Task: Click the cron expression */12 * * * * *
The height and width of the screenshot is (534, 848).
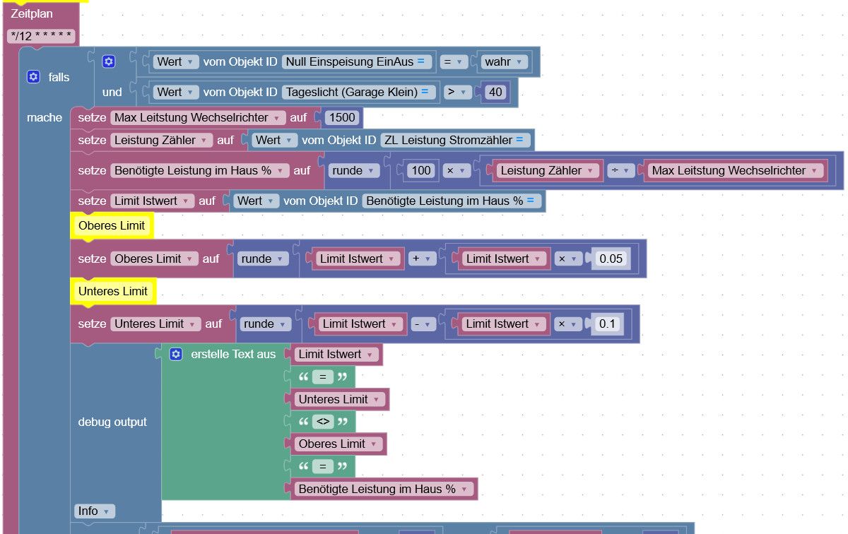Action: tap(41, 36)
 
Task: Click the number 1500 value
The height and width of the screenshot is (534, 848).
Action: tap(342, 117)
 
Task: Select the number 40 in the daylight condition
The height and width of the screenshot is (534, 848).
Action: tap(495, 92)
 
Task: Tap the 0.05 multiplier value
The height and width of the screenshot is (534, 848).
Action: tap(611, 259)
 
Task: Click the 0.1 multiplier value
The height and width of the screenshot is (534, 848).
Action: tap(607, 324)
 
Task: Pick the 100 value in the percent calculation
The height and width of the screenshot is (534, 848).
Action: tap(421, 171)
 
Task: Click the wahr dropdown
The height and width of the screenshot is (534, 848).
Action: tap(503, 61)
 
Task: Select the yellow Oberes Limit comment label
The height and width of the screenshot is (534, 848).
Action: tap(112, 225)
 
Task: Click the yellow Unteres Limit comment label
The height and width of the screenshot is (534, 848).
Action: tap(113, 292)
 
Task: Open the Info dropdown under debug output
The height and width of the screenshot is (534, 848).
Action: tap(94, 511)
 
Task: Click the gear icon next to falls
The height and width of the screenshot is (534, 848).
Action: tap(33, 77)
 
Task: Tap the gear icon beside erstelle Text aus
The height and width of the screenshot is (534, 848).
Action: tap(176, 354)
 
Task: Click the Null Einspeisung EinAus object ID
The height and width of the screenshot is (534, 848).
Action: tap(355, 61)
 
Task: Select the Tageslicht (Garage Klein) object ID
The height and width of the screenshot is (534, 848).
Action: tap(357, 92)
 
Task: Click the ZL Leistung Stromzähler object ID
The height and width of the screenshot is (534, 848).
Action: tap(454, 140)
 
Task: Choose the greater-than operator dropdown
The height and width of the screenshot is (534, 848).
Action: tap(457, 92)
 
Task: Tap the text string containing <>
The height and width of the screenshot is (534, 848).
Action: tap(323, 422)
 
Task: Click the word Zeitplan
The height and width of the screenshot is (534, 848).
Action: tap(31, 13)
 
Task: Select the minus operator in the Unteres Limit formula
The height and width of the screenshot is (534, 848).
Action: tap(422, 324)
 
